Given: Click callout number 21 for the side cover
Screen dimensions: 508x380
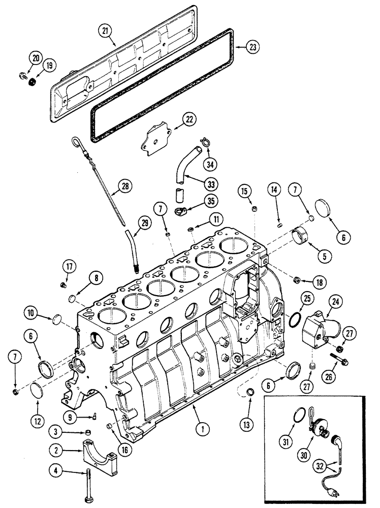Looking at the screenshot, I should click(x=105, y=31).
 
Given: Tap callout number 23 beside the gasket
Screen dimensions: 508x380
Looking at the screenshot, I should click(x=252, y=47).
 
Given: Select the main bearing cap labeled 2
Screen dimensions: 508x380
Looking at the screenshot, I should click(x=100, y=455).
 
